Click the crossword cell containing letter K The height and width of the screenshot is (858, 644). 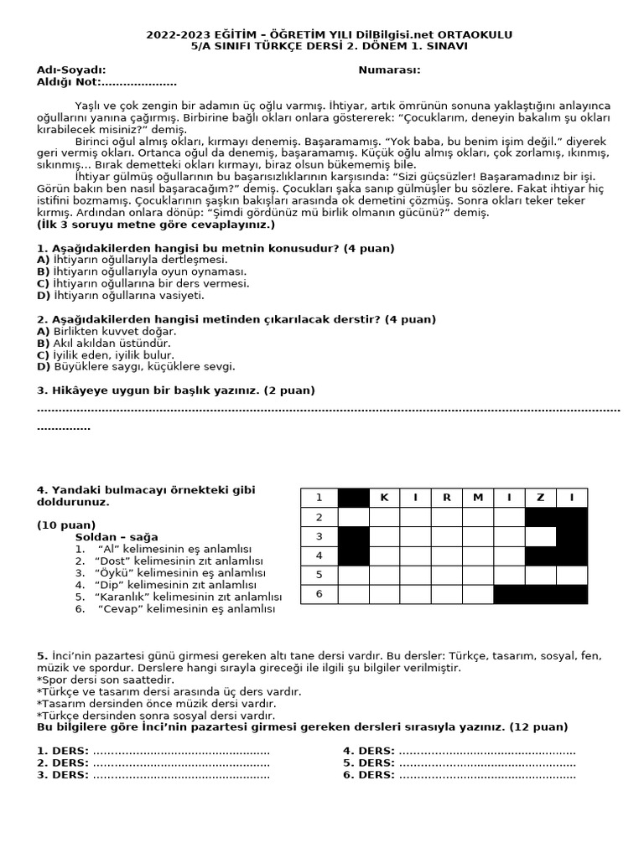(x=385, y=498)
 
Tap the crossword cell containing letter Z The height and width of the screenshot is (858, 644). (x=540, y=498)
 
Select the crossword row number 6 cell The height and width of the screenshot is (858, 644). (x=319, y=594)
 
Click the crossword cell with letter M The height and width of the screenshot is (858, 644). (x=478, y=498)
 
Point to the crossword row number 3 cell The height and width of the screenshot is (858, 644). (x=319, y=536)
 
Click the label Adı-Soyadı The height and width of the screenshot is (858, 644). (x=71, y=70)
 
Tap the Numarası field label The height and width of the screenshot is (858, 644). (x=389, y=70)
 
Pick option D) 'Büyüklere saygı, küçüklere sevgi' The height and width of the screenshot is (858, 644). (x=136, y=366)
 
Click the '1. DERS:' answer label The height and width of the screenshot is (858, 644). (x=63, y=751)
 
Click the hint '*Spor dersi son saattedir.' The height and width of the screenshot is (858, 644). (x=106, y=680)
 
